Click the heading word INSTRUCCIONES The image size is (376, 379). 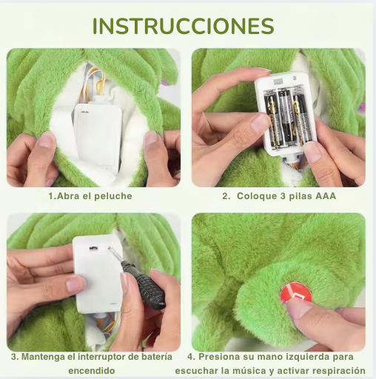tap(184, 26)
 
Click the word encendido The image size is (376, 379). tap(92, 371)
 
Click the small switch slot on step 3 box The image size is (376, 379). tap(93, 248)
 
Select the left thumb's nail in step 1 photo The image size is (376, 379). tap(47, 140)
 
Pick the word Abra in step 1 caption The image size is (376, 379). tap(66, 196)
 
